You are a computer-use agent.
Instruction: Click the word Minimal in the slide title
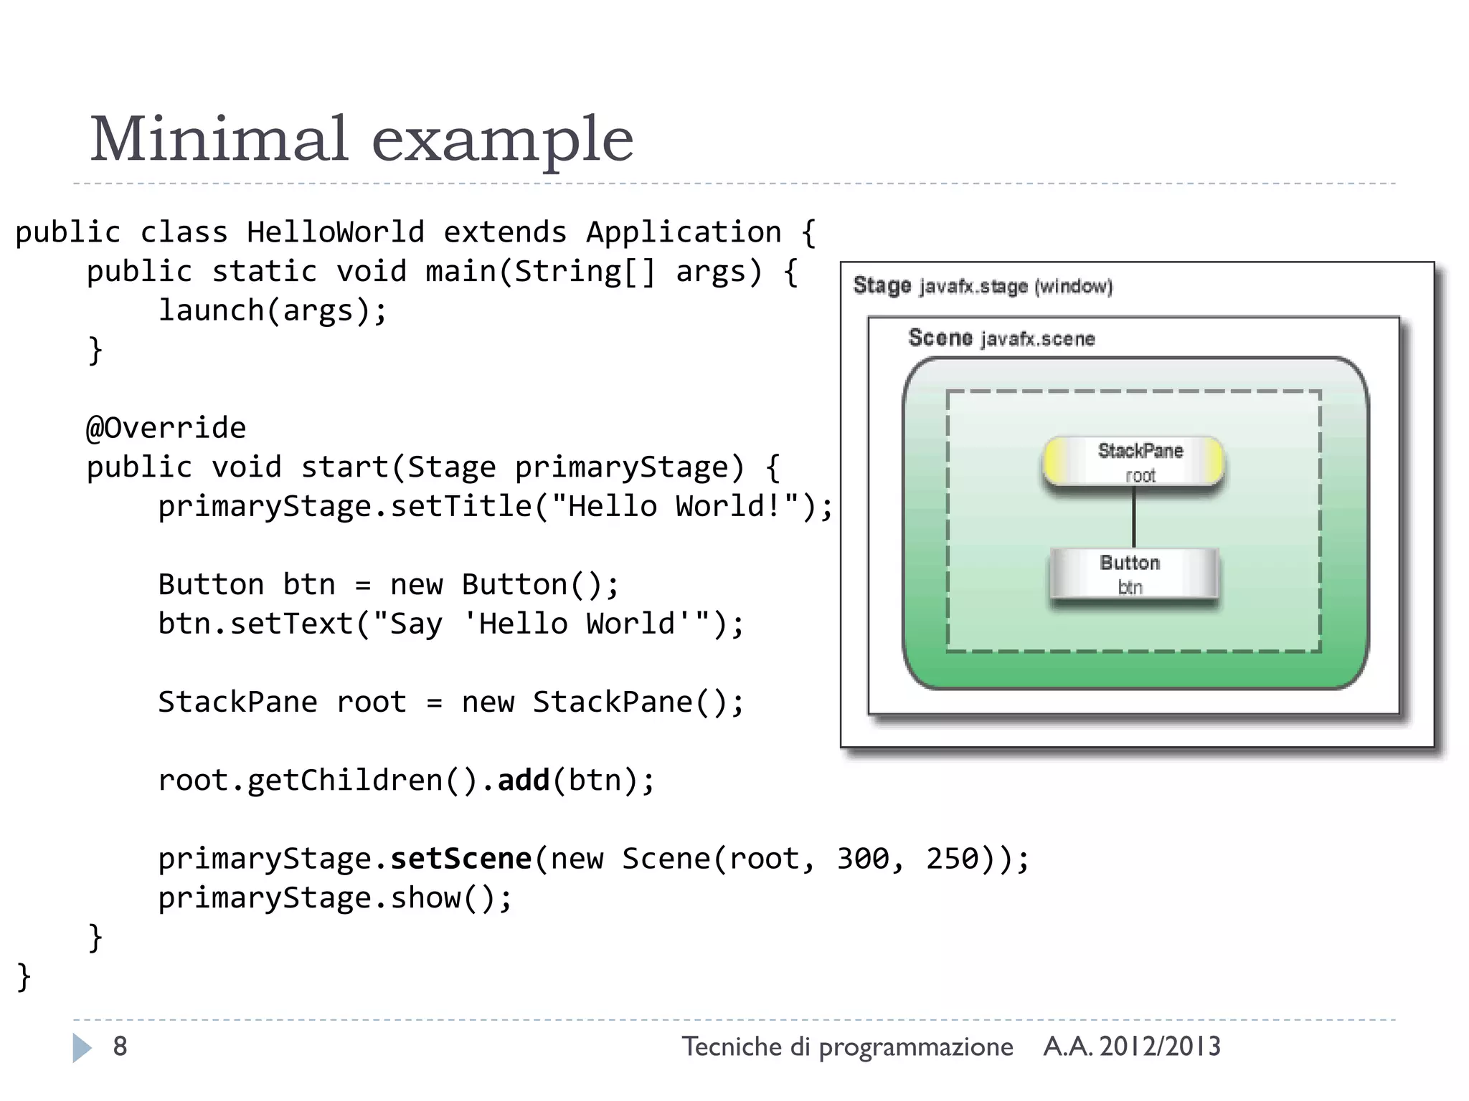click(219, 139)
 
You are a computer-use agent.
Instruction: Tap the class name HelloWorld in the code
click(335, 233)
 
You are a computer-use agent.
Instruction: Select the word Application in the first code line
click(684, 233)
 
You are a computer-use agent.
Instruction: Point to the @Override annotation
click(166, 429)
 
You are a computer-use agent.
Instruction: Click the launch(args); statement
click(273, 311)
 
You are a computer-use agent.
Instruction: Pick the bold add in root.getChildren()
click(523, 781)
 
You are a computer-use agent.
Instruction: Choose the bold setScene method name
click(460, 859)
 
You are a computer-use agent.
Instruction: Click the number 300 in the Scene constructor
click(862, 859)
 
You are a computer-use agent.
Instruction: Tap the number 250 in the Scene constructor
click(952, 859)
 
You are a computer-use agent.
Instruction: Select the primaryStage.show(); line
click(335, 898)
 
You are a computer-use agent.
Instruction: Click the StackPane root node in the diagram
click(1133, 462)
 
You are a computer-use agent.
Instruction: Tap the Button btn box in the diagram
click(1133, 573)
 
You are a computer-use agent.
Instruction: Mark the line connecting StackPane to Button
click(1133, 518)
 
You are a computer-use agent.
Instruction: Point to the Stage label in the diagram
click(882, 285)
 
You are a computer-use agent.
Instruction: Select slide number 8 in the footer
click(120, 1047)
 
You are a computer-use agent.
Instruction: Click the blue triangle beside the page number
click(82, 1047)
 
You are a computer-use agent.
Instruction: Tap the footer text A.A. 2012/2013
click(1131, 1047)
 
